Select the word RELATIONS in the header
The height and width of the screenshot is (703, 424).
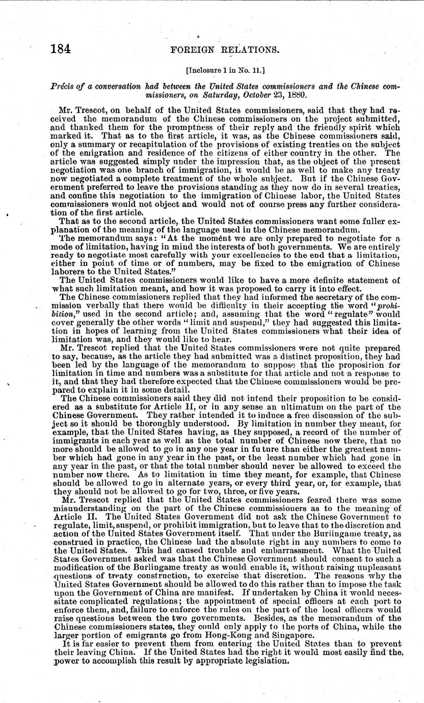[253, 50]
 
